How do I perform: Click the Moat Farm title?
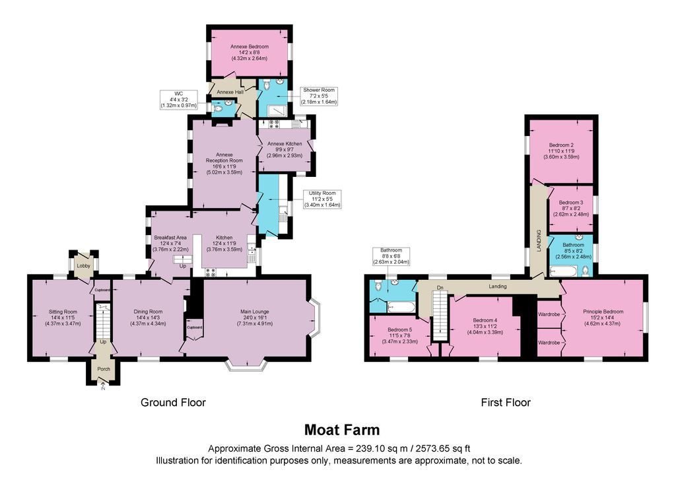pos(342,430)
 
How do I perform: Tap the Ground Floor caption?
pos(174,403)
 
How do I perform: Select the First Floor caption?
pos(506,403)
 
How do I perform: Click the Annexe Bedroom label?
pos(249,47)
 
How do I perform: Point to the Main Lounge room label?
pos(254,312)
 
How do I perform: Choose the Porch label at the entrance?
pos(104,369)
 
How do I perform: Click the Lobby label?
pos(84,266)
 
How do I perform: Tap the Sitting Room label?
pos(63,312)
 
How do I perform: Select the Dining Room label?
pos(148,312)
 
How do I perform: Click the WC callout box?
pos(179,100)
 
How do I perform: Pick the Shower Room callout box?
pos(319,96)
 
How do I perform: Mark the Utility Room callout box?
pos(322,199)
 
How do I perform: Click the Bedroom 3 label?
pos(571,203)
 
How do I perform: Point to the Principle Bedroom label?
pos(603,312)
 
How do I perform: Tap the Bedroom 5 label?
pos(399,329)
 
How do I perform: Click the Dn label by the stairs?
pos(440,287)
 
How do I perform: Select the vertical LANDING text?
pos(539,241)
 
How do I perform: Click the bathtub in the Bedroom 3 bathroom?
pos(564,271)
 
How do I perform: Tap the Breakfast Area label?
pos(170,238)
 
